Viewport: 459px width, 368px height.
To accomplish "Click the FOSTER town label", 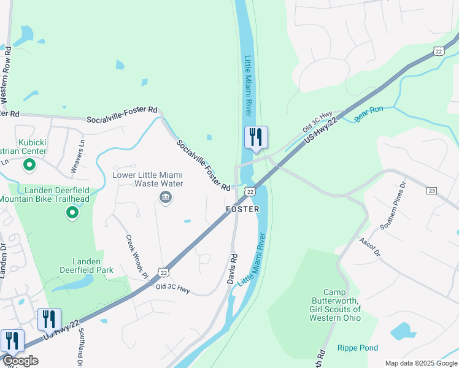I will pyautogui.click(x=242, y=209).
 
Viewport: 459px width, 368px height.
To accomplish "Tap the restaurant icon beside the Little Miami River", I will pyautogui.click(x=256, y=137).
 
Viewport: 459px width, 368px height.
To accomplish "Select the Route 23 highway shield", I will pyautogui.click(x=431, y=191).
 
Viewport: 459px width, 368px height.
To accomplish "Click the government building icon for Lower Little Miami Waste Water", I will pyautogui.click(x=165, y=197).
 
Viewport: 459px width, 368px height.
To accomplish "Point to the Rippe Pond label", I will pyautogui.click(x=358, y=348).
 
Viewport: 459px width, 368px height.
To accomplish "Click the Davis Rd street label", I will pyautogui.click(x=232, y=269).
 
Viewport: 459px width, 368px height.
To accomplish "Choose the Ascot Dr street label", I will pyautogui.click(x=370, y=247).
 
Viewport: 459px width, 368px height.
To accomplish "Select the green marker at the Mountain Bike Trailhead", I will pyautogui.click(x=72, y=213).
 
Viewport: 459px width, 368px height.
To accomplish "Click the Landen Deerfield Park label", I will pyautogui.click(x=84, y=266).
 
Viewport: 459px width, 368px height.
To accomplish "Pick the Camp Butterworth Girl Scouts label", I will pyautogui.click(x=334, y=305).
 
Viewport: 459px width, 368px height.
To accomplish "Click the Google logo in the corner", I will pyautogui.click(x=20, y=361).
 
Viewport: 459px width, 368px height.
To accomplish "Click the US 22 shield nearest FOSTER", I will pyautogui.click(x=250, y=193).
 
